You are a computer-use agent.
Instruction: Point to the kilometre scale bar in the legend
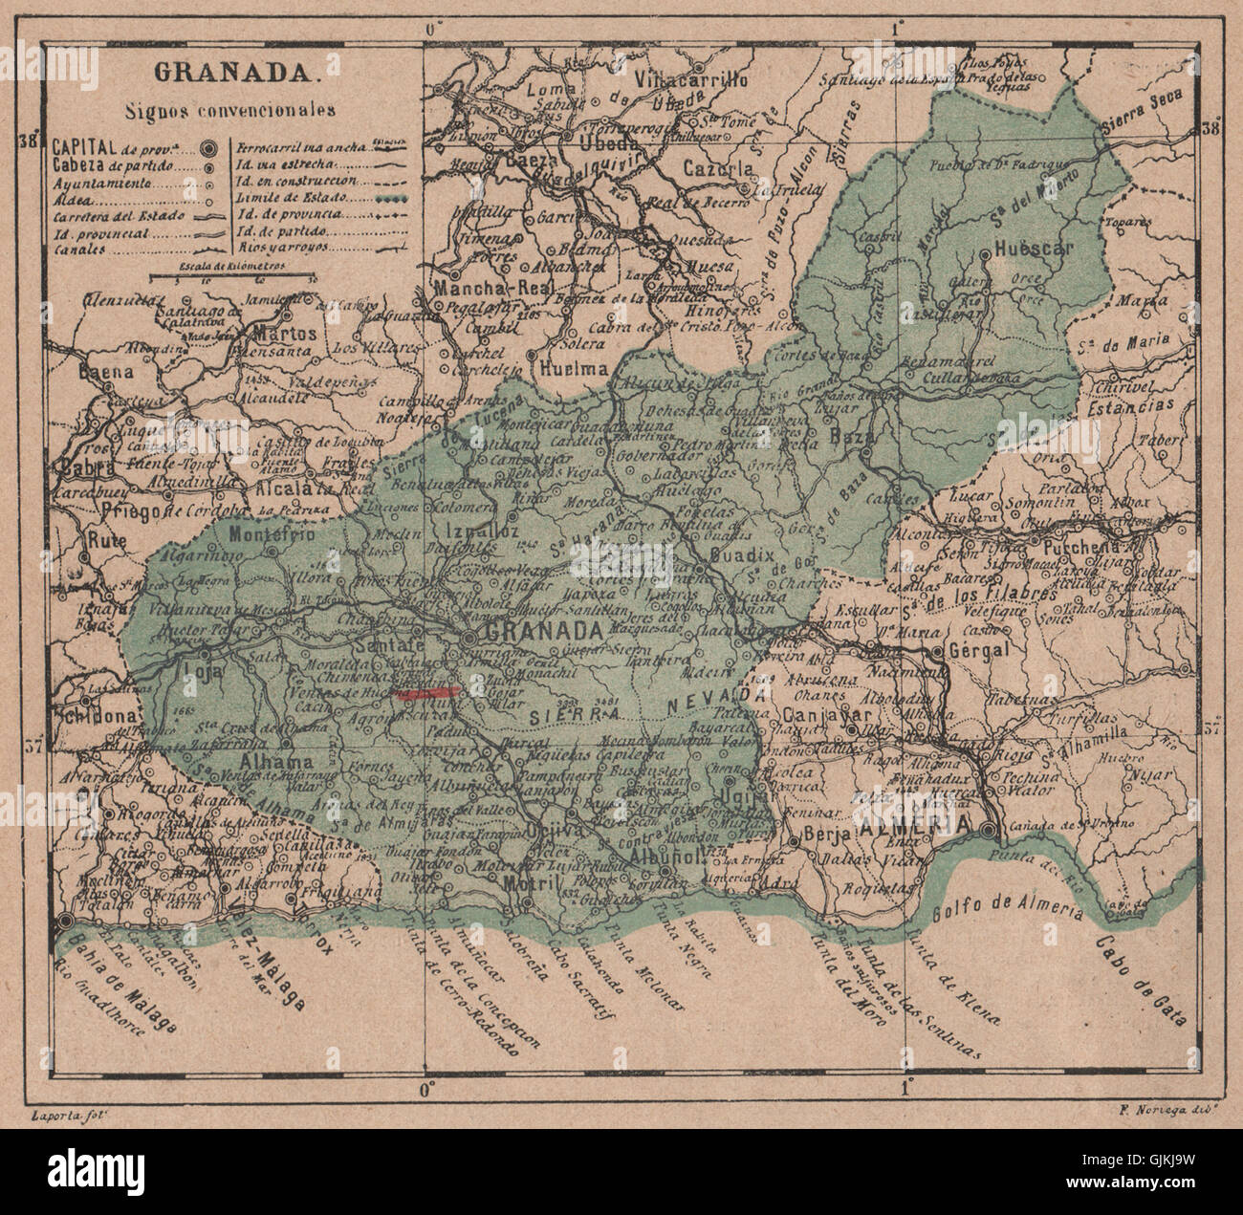pos(232,280)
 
